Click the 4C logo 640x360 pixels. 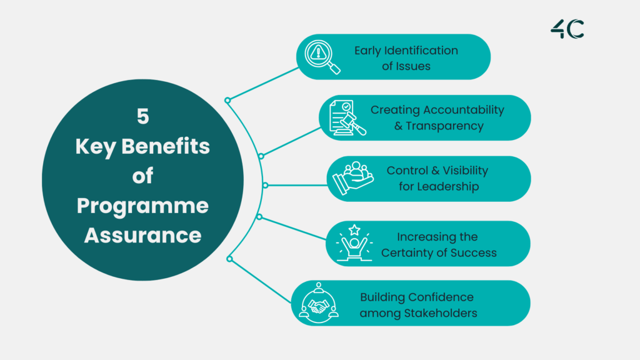[x=567, y=29]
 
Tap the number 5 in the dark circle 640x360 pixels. [x=142, y=116]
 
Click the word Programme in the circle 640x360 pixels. [x=142, y=206]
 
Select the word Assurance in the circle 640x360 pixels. [x=142, y=236]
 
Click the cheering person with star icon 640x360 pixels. [x=354, y=244]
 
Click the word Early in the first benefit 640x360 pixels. [x=368, y=51]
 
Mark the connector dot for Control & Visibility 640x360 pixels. [x=265, y=185]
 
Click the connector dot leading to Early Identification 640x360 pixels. [x=227, y=100]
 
